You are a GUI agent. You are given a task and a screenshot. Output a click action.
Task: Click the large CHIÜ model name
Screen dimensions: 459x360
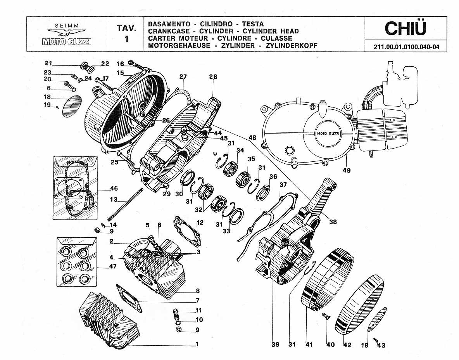point(406,28)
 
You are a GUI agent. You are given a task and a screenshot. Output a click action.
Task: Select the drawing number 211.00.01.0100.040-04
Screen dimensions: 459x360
point(406,47)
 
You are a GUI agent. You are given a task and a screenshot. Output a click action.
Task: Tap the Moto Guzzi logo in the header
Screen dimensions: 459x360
point(67,35)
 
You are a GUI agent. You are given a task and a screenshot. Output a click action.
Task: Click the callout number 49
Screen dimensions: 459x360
point(346,170)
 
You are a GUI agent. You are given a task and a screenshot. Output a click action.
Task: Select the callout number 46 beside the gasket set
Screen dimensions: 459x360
point(114,189)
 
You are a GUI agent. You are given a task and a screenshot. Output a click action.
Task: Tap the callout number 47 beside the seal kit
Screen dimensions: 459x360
point(113,266)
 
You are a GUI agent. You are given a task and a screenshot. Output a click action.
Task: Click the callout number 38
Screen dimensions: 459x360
point(333,222)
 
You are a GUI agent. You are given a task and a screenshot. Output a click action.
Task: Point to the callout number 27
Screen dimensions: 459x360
point(183,77)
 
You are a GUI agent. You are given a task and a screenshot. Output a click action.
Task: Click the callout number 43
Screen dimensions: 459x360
point(381,345)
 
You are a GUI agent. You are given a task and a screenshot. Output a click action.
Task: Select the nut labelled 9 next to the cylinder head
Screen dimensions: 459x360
point(179,330)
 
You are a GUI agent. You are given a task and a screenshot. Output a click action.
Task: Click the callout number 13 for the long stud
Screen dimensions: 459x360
point(114,199)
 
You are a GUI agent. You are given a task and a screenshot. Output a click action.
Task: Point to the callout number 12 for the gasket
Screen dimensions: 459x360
point(200,223)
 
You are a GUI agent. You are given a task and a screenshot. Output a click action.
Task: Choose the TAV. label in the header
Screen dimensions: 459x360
point(126,28)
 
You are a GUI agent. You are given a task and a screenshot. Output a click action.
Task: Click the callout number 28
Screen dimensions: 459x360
point(213,77)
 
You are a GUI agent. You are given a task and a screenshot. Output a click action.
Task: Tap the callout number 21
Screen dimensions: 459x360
point(48,63)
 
